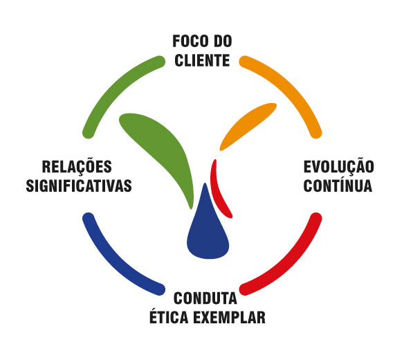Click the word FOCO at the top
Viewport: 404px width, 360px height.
(187, 42)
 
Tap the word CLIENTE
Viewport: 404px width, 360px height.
(202, 60)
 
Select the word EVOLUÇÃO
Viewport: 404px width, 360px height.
(339, 168)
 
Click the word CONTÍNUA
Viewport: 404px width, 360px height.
(338, 186)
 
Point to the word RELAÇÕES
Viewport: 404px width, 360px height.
(77, 168)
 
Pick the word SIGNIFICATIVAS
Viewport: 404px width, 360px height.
(78, 186)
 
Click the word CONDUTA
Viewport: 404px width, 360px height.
(205, 300)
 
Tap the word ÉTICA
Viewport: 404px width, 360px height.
(169, 318)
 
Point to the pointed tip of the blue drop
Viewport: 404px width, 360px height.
(205, 185)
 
